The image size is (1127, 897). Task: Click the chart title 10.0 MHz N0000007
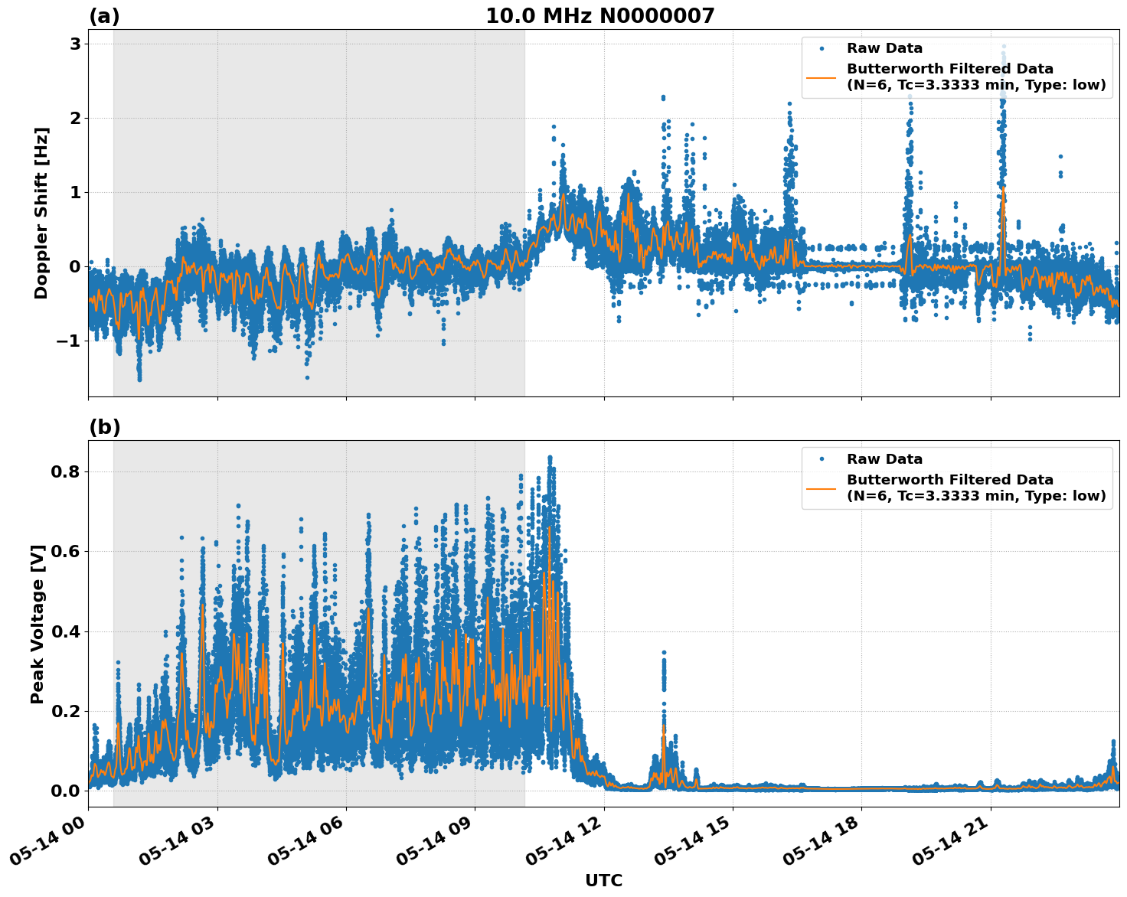(599, 16)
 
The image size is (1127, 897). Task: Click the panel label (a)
(104, 16)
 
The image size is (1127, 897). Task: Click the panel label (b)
(104, 427)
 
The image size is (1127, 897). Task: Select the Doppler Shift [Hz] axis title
(41, 213)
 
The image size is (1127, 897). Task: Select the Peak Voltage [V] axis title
(38, 624)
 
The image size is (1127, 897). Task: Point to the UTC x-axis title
(603, 881)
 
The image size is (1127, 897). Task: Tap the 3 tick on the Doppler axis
(75, 44)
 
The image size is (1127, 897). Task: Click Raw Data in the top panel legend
(884, 49)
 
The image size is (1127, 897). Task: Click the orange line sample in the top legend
(821, 77)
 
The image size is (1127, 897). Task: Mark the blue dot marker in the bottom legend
(821, 459)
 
